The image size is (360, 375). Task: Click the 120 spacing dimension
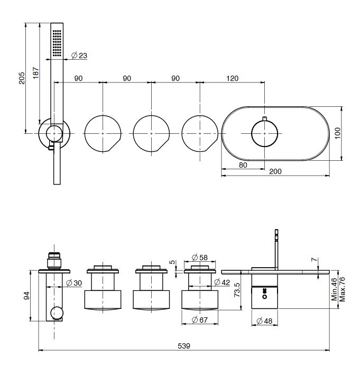point(232,78)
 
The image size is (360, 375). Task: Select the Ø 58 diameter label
point(199,257)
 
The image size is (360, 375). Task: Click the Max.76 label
point(341,288)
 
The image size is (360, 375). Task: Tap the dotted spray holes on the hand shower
point(57,43)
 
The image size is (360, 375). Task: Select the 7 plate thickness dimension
point(315,260)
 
